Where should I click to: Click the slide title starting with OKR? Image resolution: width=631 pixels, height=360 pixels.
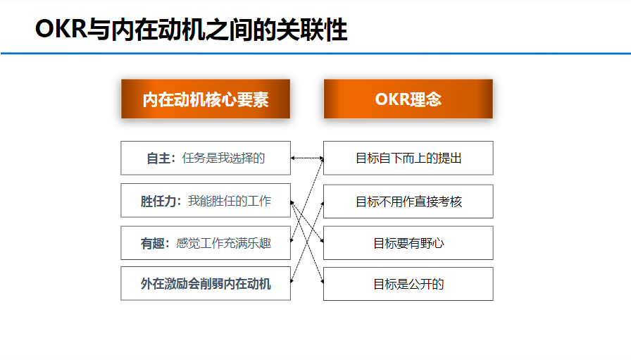pos(191,30)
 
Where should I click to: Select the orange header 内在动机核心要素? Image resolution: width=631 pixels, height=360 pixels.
pos(205,99)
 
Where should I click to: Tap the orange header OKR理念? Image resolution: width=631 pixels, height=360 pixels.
pos(408,99)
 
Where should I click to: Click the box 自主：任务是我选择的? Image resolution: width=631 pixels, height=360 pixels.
pos(205,159)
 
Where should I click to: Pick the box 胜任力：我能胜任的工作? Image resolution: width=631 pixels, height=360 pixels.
pos(205,201)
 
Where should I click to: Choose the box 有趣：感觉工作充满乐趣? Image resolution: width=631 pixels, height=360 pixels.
pos(205,243)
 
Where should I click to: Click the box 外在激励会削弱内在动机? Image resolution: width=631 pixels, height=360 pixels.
pos(205,284)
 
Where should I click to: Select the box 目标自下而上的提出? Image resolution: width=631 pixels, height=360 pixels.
pos(408,159)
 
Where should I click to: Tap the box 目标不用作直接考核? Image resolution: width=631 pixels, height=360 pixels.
pos(408,201)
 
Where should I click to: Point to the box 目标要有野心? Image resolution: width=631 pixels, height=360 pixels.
pos(408,243)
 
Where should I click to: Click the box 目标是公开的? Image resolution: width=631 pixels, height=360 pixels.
pos(408,284)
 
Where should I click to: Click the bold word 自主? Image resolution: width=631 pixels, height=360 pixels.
pos(158,159)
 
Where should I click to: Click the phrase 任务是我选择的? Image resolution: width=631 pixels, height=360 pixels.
pos(223,159)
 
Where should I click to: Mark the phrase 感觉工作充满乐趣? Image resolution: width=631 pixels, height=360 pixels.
pos(223,243)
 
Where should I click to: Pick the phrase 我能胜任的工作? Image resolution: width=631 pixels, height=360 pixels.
pos(229,201)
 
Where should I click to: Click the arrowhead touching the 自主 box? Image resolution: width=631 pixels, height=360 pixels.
pos(294,159)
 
